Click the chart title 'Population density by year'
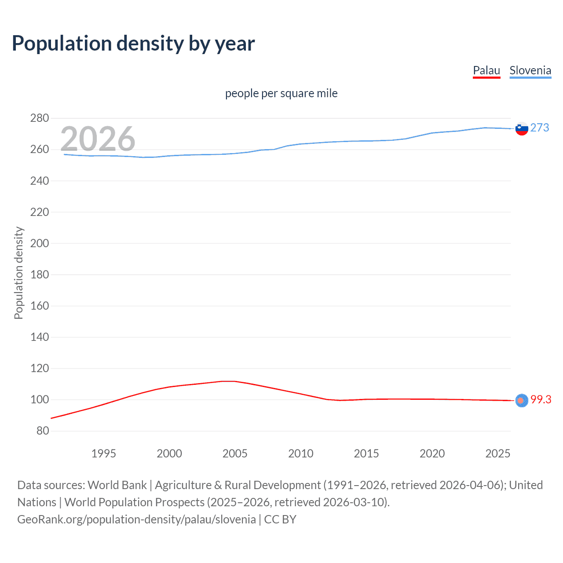[x=133, y=44]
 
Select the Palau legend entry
[x=486, y=70]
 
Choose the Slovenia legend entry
[x=530, y=70]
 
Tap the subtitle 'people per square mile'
[x=281, y=93]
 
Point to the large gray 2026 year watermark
[x=98, y=139]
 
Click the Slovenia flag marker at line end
[x=522, y=128]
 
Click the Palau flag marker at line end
[x=522, y=400]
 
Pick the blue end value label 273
[x=540, y=128]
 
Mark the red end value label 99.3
[x=541, y=399]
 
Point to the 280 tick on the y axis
[x=40, y=118]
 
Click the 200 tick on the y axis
[x=40, y=243]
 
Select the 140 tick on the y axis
[x=40, y=337]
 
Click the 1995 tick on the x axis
[x=103, y=453]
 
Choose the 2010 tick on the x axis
[x=301, y=453]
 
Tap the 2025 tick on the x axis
[x=498, y=453]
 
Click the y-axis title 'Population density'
[x=18, y=273]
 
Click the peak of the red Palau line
[x=229, y=381]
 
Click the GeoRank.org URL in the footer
[x=136, y=519]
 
